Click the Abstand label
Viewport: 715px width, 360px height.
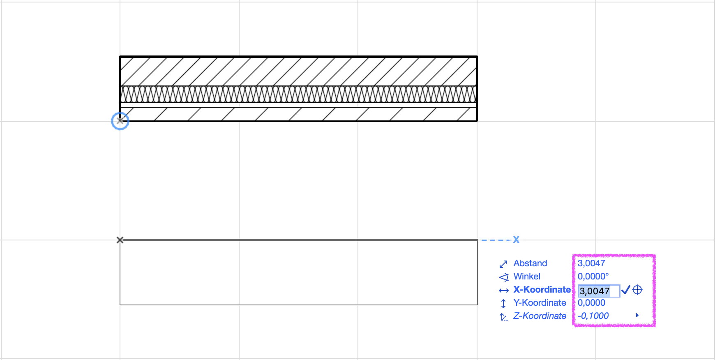coord(530,263)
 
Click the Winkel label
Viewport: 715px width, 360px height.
coord(527,277)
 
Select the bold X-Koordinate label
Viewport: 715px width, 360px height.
coord(542,290)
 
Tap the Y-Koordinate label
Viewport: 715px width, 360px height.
coord(540,303)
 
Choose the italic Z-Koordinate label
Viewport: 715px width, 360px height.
coord(540,316)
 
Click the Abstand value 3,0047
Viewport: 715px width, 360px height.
coord(591,263)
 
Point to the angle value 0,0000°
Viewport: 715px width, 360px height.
coord(593,277)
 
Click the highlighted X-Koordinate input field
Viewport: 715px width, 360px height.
coord(599,291)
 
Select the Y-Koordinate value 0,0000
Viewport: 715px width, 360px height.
coord(591,303)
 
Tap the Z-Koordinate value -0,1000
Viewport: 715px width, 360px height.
coord(593,316)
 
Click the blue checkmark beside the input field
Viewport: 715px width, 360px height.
coord(625,290)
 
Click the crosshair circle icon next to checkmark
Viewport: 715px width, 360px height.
coord(637,290)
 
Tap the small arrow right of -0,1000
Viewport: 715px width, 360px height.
coord(637,315)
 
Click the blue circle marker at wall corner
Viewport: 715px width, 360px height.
coord(120,121)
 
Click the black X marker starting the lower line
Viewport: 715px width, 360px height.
coord(120,240)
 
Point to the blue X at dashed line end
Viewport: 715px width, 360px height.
coord(516,240)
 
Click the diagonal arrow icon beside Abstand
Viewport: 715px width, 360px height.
coord(503,264)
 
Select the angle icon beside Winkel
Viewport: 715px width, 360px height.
coord(504,277)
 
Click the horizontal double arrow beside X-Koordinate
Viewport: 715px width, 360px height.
coord(504,291)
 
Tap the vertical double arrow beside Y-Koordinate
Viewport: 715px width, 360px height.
coord(503,304)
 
